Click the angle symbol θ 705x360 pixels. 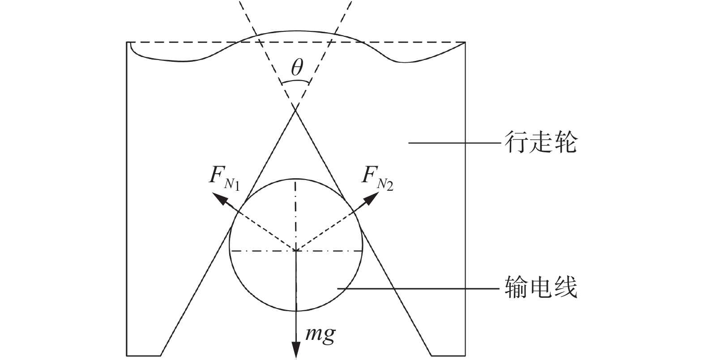click(296, 69)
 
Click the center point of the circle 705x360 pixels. click(295, 251)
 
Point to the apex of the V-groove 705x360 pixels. click(295, 111)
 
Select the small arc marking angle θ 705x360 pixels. click(295, 81)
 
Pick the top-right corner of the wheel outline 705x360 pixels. click(466, 43)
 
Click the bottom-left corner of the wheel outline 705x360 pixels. click(127, 355)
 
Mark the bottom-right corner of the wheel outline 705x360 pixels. click(466, 355)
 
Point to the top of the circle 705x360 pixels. click(295, 178)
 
